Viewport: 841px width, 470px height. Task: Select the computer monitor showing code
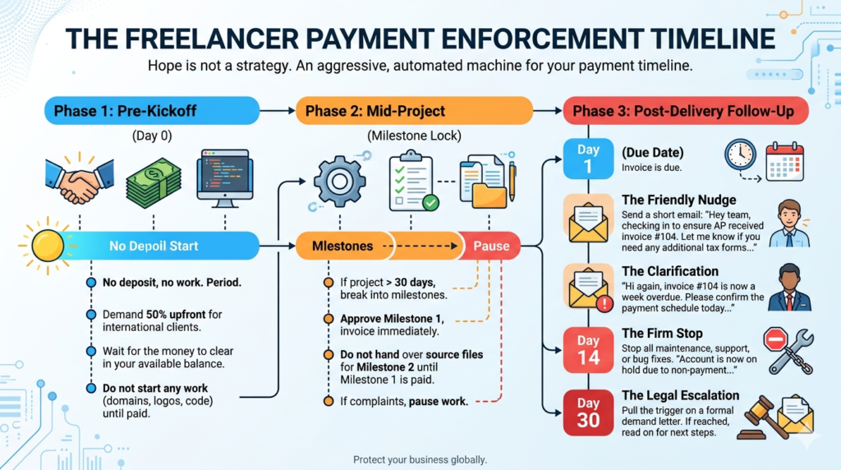(225, 178)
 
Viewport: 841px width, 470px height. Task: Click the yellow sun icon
(47, 246)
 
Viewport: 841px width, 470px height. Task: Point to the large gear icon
(339, 182)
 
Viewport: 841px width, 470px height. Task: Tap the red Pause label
(491, 246)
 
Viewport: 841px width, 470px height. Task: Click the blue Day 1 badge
(588, 159)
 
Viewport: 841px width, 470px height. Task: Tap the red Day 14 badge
(588, 350)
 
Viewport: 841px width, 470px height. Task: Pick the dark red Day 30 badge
(588, 412)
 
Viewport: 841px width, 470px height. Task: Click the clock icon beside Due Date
(740, 155)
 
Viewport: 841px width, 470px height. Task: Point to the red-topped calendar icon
(784, 161)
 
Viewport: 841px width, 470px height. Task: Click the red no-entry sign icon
(775, 339)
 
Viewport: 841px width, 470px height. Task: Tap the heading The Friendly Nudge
(678, 200)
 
